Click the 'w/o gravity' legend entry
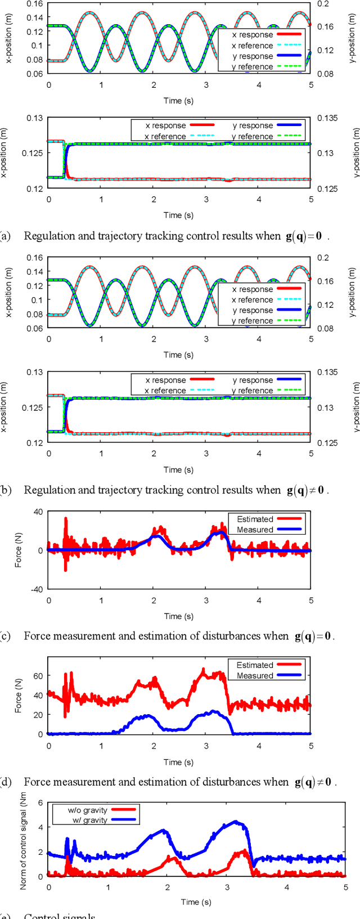coord(87,810)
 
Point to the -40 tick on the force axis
coord(37,589)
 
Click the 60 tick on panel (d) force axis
coord(39,676)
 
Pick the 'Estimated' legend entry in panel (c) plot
coord(255,519)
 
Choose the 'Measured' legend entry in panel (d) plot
coord(255,675)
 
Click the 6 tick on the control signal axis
coord(40,803)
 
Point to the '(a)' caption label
coord(6,236)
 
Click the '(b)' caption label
coord(6,490)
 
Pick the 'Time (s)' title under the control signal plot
coord(196,902)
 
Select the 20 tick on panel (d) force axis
coord(39,715)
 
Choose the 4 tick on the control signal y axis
coord(40,827)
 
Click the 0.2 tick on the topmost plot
coord(323,3)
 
